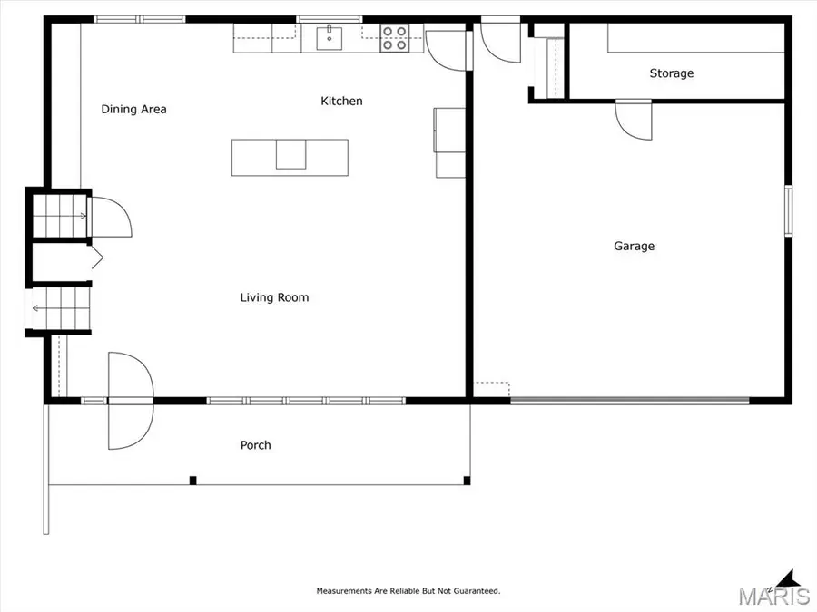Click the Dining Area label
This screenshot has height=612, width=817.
pos(133,110)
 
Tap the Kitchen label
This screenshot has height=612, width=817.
pos(341,101)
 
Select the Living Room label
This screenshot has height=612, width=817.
pos(274,297)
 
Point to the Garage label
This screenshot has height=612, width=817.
pos(634,246)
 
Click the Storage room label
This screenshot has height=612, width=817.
pos(671,73)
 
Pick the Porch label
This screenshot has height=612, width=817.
pos(255,445)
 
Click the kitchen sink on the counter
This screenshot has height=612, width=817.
pos(329,38)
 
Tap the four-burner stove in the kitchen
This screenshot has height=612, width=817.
pos(394,38)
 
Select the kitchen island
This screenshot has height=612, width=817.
pos(290,156)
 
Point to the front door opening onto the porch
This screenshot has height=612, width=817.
pos(130,401)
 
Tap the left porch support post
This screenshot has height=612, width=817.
pos(192,480)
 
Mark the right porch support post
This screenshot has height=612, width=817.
pos(467,480)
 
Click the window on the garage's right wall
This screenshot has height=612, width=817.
pos(788,211)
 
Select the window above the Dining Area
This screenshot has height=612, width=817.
pos(139,19)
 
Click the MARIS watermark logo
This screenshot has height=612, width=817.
pos(774,597)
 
